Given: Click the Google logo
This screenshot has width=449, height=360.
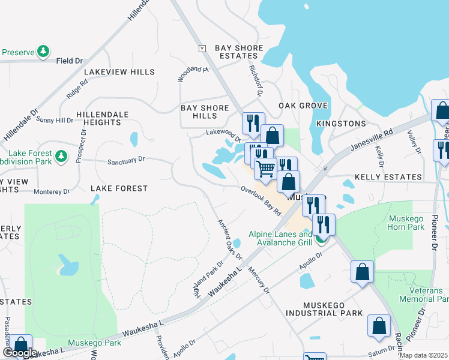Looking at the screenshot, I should point(20,353).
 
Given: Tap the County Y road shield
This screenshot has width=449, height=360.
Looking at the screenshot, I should point(202,48).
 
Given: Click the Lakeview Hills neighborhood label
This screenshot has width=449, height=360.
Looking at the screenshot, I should point(119,72).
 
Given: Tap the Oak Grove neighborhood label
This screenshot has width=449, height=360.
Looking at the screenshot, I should point(303,106).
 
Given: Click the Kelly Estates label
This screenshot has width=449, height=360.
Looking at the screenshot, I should point(388,177).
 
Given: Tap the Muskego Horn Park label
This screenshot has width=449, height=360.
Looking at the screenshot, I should point(406,223).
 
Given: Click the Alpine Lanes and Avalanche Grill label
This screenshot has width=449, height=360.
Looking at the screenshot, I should point(281,238).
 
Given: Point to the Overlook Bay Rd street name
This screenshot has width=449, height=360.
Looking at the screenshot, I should point(261,200).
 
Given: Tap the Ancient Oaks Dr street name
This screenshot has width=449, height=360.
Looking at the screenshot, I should point(229,239).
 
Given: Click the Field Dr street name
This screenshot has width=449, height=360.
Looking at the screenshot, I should point(69,61).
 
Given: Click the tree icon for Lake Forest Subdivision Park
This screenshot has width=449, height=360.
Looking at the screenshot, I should point(61,157).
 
